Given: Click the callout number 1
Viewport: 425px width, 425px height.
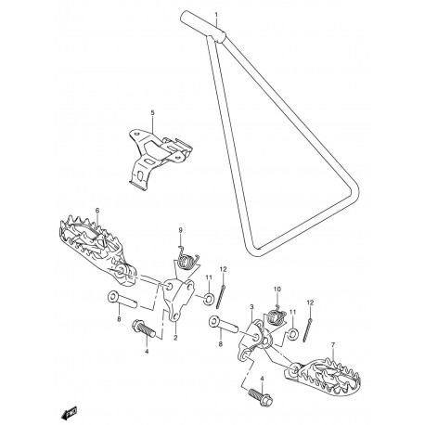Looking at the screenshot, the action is tap(216, 15).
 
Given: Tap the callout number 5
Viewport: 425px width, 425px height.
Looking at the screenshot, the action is tap(152, 113).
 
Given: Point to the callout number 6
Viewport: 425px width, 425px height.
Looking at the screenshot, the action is tap(97, 211).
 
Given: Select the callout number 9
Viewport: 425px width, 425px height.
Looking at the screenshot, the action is tap(181, 230).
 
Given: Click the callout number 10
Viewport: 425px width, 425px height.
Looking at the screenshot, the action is tap(277, 290).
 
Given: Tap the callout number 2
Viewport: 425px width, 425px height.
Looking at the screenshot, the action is tap(175, 338).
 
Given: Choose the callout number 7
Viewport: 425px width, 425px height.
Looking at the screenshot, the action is tap(333, 344).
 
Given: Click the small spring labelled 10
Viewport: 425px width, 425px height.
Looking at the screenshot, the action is tap(276, 316).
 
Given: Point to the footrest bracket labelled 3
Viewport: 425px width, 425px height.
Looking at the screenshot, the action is tap(255, 340).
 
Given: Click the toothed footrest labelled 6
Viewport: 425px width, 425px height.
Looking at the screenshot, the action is tap(96, 250).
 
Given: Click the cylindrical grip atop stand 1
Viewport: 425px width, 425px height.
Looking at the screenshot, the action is tap(203, 26).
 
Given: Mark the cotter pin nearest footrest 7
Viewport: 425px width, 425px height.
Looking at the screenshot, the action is tap(307, 329).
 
